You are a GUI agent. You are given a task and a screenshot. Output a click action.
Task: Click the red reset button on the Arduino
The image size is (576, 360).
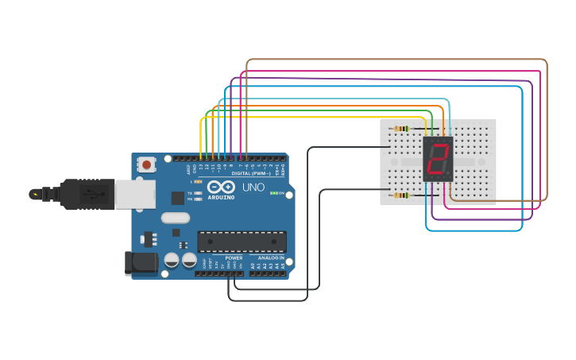click(x=147, y=165)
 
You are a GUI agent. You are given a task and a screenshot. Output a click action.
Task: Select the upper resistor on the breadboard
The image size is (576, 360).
click(x=401, y=128)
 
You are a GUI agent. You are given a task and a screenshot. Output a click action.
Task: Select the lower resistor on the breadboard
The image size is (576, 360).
click(x=401, y=195)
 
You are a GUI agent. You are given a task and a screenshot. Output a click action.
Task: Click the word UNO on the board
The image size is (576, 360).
click(x=253, y=188)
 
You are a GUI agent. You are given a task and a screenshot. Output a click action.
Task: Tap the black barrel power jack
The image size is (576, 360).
click(x=141, y=264)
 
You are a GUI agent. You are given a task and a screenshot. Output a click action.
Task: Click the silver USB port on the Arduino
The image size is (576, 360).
click(x=135, y=194)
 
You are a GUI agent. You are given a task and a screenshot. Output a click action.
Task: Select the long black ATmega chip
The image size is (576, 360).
click(x=242, y=242)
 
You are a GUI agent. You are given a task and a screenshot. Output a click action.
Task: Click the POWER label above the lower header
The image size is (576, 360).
click(x=234, y=258)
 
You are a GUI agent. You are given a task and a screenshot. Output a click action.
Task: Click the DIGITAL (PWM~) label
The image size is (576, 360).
click(x=251, y=173)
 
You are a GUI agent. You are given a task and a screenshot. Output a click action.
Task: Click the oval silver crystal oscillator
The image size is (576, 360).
click(x=176, y=218)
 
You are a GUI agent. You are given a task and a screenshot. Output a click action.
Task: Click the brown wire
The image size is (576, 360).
click(x=397, y=60)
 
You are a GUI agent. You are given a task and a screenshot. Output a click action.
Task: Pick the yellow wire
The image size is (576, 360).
click(x=318, y=118)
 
